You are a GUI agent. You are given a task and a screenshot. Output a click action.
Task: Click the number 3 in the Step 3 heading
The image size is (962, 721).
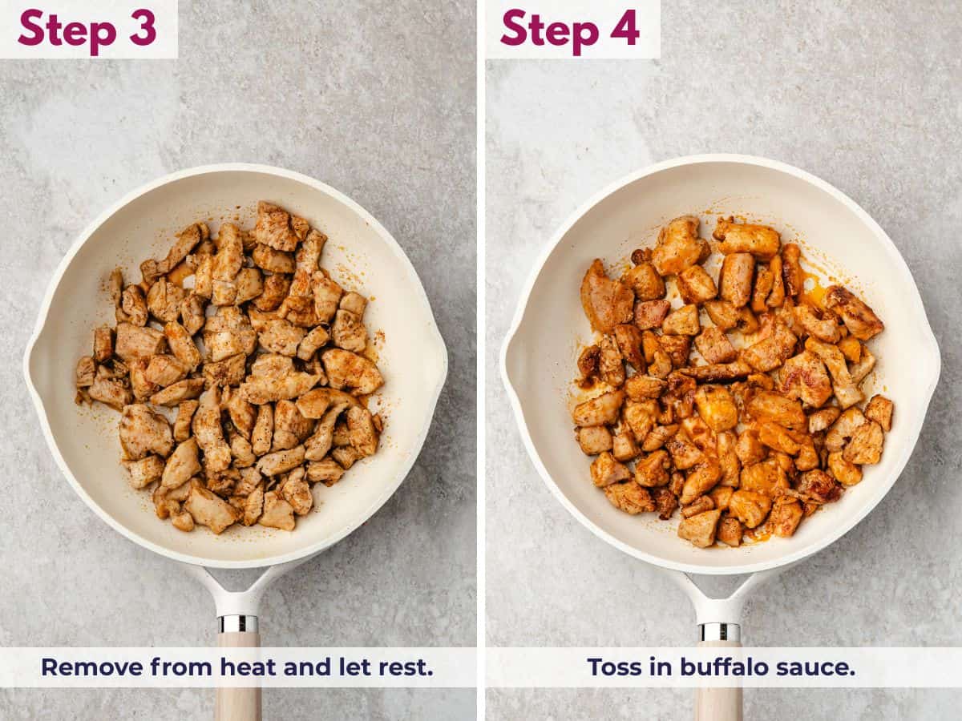pyautogui.click(x=143, y=28)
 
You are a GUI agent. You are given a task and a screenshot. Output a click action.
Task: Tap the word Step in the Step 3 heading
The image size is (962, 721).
pyautogui.click(x=67, y=31)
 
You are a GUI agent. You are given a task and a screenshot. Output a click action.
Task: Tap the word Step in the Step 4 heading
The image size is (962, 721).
pyautogui.click(x=550, y=31)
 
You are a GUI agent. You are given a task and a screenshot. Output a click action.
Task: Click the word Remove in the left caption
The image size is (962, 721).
pyautogui.click(x=92, y=667)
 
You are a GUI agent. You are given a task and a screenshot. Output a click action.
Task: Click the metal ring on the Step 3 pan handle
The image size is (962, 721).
pyautogui.click(x=238, y=624)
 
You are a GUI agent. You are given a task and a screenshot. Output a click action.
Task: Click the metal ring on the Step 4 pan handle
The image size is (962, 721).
pyautogui.click(x=719, y=633)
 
